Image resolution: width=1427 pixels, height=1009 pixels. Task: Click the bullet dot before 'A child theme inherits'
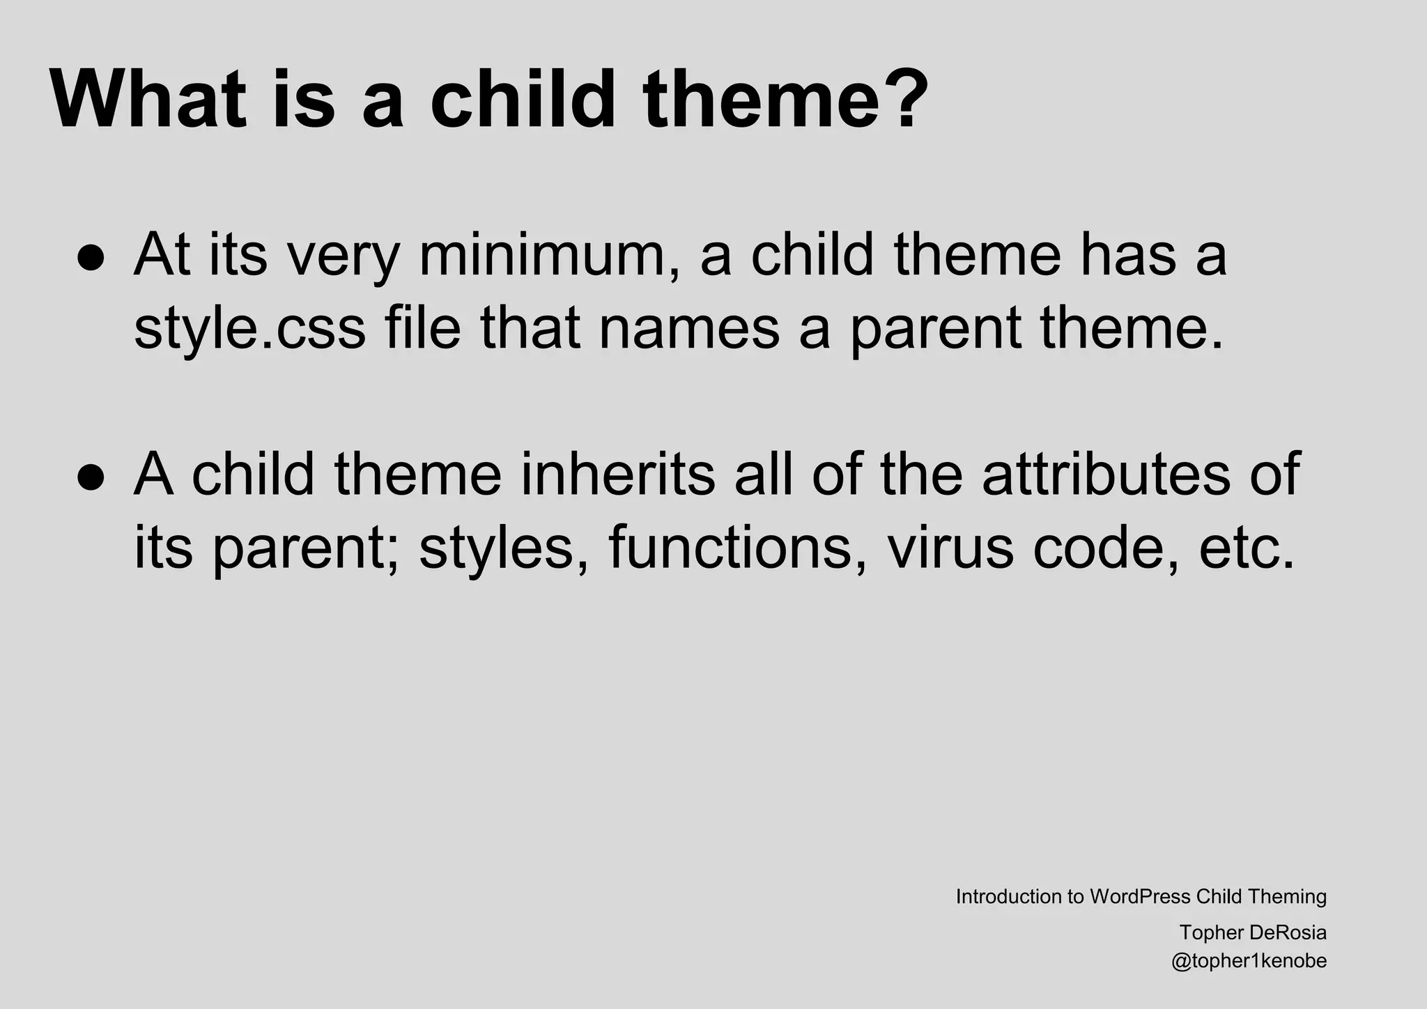click(x=91, y=477)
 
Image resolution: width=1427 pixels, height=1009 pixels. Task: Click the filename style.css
click(x=249, y=328)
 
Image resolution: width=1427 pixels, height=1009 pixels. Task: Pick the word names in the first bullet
click(x=688, y=328)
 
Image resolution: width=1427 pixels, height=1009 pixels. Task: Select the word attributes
click(x=1106, y=475)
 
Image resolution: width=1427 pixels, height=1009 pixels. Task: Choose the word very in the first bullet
click(x=344, y=256)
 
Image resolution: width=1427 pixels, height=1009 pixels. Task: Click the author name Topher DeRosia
click(x=1253, y=932)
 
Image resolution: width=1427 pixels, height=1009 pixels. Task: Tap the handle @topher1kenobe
click(x=1249, y=962)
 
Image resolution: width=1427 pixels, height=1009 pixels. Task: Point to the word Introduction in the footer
click(x=1008, y=897)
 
